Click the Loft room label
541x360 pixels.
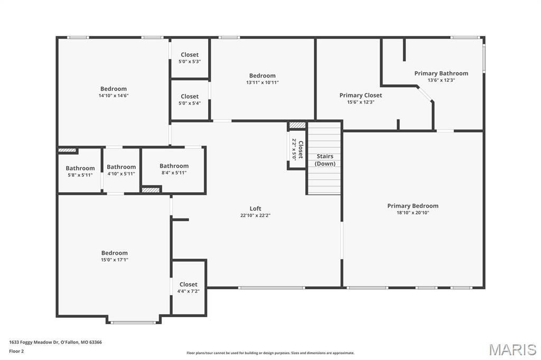[255, 209]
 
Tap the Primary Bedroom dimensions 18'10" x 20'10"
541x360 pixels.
[413, 213]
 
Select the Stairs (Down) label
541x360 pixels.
[325, 160]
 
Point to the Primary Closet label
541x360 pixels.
[360, 95]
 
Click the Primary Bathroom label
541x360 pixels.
[441, 73]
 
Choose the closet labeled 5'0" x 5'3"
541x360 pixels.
[190, 58]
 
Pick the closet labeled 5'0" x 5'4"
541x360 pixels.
[190, 100]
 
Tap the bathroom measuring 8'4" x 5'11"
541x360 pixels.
[174, 169]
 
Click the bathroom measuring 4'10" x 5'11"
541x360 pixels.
[121, 170]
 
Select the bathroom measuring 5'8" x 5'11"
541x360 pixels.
[80, 172]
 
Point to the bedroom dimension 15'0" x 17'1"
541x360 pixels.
[115, 260]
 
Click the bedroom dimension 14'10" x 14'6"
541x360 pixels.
[114, 96]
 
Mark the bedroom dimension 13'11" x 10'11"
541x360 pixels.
[262, 83]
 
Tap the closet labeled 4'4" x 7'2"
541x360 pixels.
[189, 288]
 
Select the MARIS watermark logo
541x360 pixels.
[512, 349]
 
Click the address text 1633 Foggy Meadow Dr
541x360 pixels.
[34, 343]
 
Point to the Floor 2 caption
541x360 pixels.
[16, 352]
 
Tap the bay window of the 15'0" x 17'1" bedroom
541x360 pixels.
[133, 323]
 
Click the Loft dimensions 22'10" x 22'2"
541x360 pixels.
[255, 215]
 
